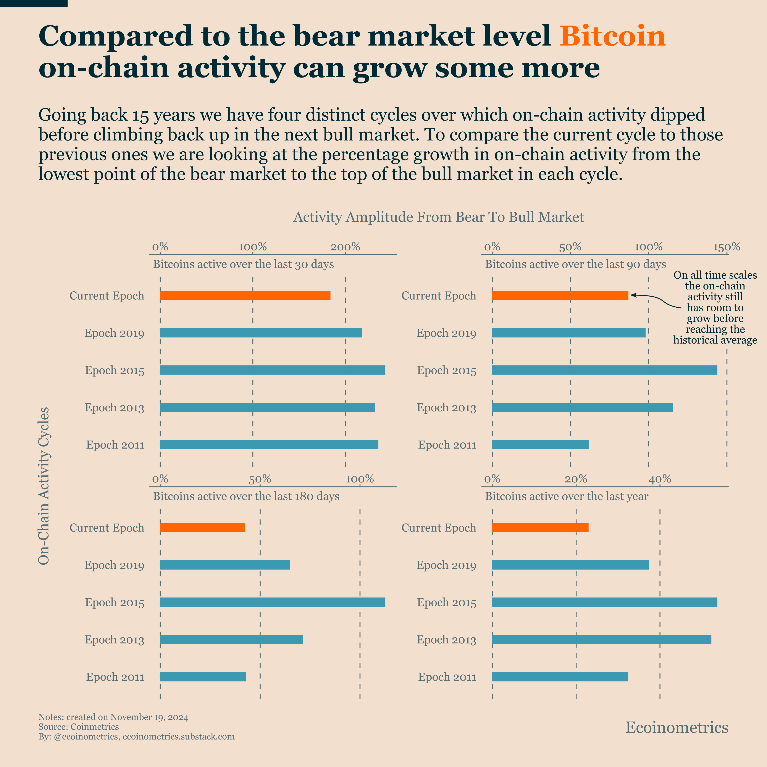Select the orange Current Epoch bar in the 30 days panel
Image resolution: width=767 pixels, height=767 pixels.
click(245, 295)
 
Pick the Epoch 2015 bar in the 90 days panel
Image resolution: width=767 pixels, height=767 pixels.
click(604, 370)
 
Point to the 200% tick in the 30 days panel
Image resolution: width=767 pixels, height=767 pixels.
click(345, 247)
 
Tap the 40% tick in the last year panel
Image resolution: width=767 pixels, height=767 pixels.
click(660, 479)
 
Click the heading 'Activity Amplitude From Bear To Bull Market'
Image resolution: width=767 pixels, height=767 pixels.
click(438, 217)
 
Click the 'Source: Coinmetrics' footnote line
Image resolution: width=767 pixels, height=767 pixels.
click(79, 727)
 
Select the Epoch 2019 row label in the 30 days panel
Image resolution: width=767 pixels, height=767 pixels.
click(114, 333)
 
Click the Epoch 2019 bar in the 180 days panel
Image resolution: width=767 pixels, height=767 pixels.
click(225, 565)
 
